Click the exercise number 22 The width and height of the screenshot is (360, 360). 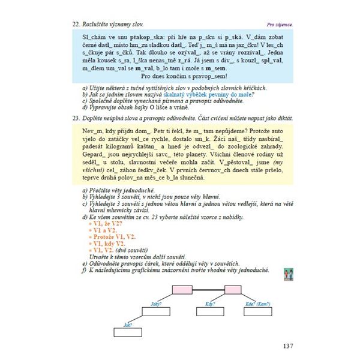[76, 25]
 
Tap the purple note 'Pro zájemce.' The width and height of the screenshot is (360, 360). [279, 25]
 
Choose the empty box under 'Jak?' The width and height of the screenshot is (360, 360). [127, 331]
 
